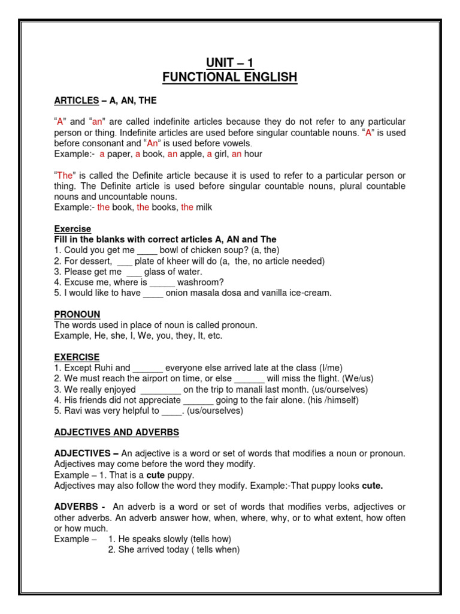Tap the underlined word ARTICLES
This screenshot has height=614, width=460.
pos(76,100)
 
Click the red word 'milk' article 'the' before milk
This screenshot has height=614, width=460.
pos(187,207)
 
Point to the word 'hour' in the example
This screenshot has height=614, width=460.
pos(253,154)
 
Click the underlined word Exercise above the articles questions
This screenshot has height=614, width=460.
pos(72,229)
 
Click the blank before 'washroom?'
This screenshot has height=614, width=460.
pos(162,282)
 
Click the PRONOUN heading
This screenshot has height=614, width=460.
pos(77,314)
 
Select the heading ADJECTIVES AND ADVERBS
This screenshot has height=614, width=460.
pos(116,432)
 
